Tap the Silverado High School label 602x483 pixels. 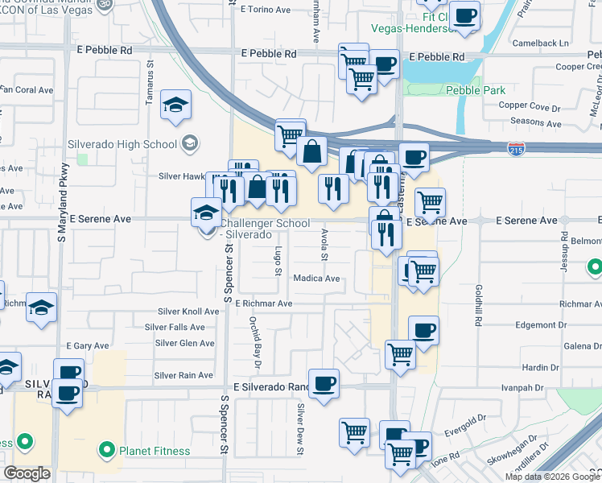(134, 144)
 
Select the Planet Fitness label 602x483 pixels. (155, 451)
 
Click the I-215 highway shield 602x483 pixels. (517, 148)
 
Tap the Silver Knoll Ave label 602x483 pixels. (188, 312)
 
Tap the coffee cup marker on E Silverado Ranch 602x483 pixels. (324, 383)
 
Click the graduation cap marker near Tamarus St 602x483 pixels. (175, 105)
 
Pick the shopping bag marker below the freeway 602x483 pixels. (311, 150)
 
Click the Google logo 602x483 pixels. (27, 473)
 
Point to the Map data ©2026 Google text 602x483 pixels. (552, 477)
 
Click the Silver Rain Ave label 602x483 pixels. (183, 375)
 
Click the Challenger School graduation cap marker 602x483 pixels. (206, 213)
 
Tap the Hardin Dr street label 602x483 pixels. (541, 366)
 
